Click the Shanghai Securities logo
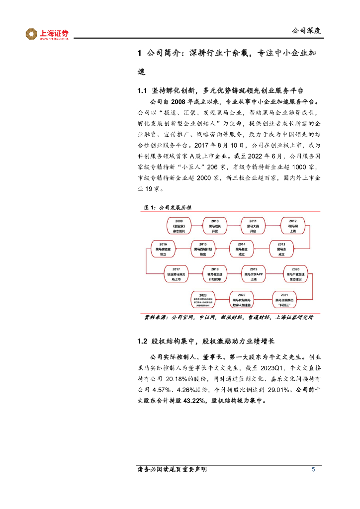pyautogui.click(x=47, y=34)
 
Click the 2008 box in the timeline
pyautogui.click(x=179, y=225)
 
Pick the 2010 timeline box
pyautogui.click(x=215, y=225)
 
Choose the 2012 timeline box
pyautogui.click(x=293, y=225)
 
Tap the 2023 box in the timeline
pyautogui.click(x=203, y=300)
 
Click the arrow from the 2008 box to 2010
pyautogui.click(x=196, y=225)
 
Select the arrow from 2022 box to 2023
pyautogui.click(x=222, y=300)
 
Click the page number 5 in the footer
pyautogui.click(x=313, y=470)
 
